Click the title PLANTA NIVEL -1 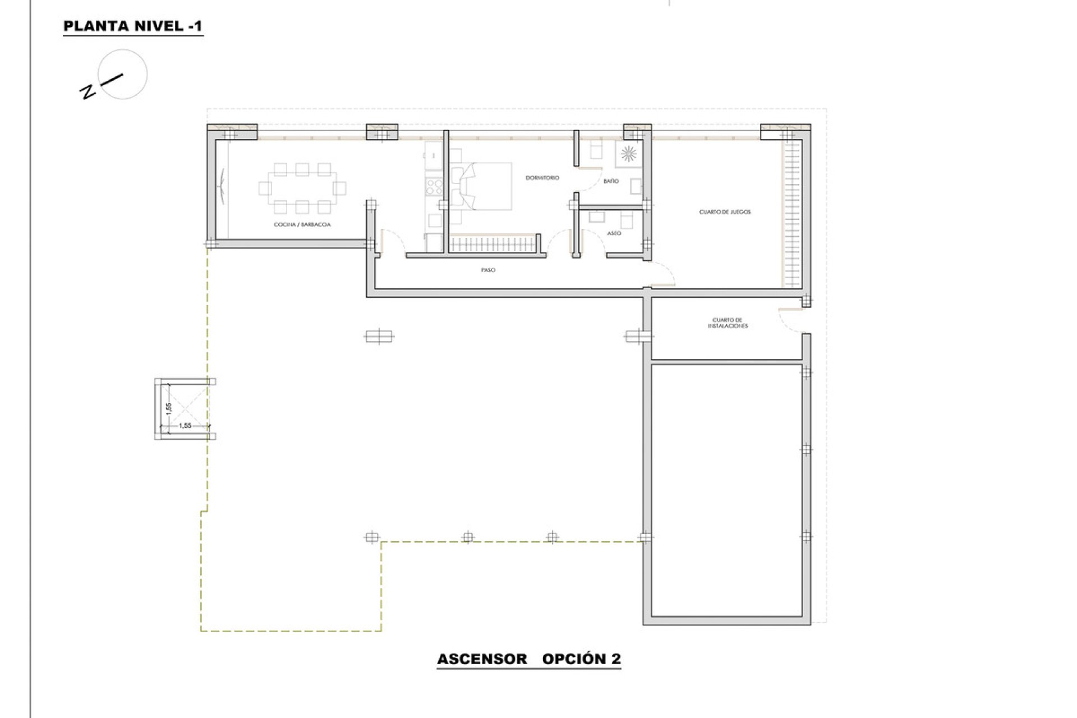click(x=132, y=26)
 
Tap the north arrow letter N click(x=88, y=92)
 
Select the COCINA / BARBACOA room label click(x=302, y=224)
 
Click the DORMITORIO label click(x=542, y=178)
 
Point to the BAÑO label click(x=611, y=181)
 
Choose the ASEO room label click(x=614, y=233)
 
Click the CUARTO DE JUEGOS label click(x=724, y=212)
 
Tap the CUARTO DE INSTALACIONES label click(x=727, y=323)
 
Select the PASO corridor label click(x=487, y=270)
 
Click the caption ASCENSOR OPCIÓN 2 click(x=528, y=659)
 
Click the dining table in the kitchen click(x=302, y=188)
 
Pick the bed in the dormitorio click(x=486, y=187)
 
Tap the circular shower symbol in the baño click(x=628, y=153)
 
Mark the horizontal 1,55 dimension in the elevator click(x=185, y=426)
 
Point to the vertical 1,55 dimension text click(x=168, y=408)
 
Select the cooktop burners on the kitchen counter click(x=434, y=186)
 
